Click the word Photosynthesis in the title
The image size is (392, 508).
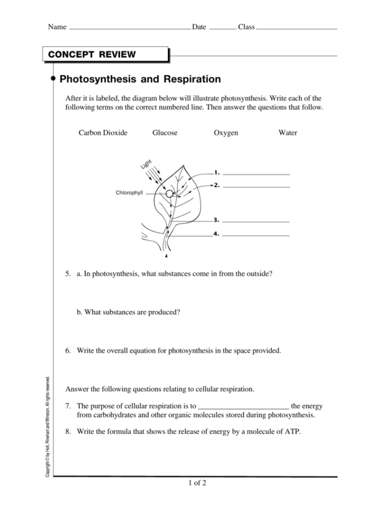coord(94,80)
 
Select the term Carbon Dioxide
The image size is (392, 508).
coord(103,133)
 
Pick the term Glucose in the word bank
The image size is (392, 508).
coord(165,133)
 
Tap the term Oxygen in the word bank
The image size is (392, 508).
coord(226,133)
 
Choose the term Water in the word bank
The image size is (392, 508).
coord(288,133)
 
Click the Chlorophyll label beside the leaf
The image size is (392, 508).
coord(129,193)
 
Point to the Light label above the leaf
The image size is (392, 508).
coord(146,164)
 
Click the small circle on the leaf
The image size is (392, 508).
coord(169,194)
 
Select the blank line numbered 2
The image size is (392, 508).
coord(256,186)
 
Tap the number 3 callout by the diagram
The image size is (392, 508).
coord(216,220)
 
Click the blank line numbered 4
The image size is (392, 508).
coord(256,235)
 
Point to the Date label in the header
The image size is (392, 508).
coord(199,27)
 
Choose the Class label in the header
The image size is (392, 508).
coord(246,27)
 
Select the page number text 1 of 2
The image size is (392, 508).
coord(196,483)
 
